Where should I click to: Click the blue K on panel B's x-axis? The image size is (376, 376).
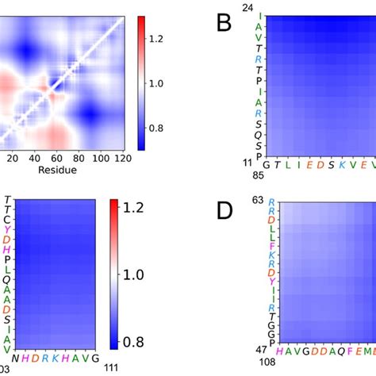click(x=342, y=164)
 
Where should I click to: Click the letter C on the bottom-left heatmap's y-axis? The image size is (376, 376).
click(x=7, y=218)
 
